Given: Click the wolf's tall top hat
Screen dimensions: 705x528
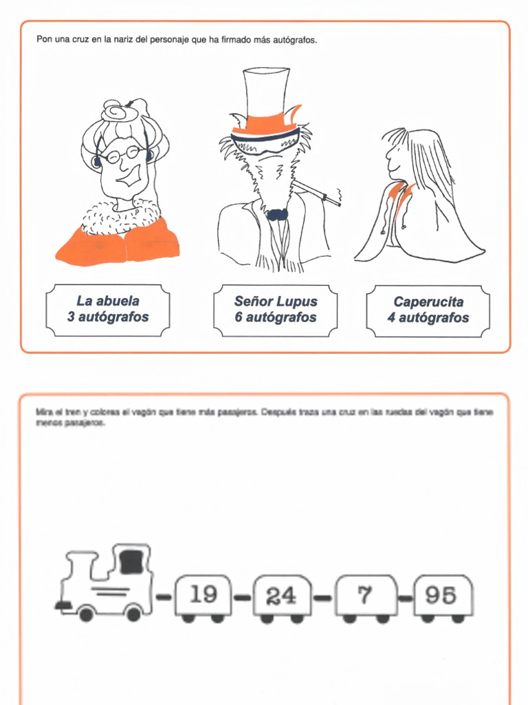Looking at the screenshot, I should [265, 93].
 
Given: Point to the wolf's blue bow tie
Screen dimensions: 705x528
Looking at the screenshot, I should [277, 214].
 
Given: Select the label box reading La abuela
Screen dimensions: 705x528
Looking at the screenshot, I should [108, 310].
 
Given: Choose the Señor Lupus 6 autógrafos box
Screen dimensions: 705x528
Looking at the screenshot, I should [275, 310].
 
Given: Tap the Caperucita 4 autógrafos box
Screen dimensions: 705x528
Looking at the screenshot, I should [428, 311].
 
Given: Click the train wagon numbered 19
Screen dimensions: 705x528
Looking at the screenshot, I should [203, 595].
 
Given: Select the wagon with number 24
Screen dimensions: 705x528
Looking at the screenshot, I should [281, 596].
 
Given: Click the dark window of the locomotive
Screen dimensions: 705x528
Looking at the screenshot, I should [131, 560].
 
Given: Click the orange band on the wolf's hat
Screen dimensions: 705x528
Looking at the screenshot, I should [261, 126].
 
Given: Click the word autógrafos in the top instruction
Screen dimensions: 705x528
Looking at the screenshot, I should [296, 40].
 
